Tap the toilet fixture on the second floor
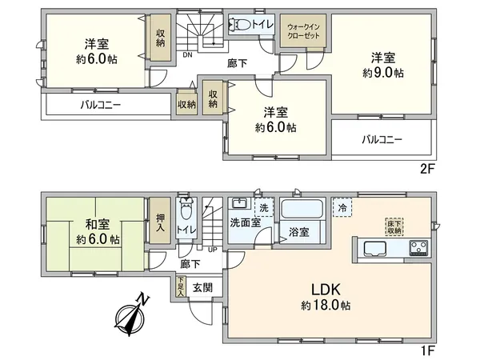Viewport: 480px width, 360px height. click(x=237, y=25)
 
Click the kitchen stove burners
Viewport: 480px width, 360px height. click(x=420, y=246)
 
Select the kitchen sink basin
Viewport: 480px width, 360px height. click(x=374, y=246)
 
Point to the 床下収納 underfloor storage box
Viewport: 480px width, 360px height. click(x=393, y=226)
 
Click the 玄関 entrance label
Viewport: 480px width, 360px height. click(x=202, y=287)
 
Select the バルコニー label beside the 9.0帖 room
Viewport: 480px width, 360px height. click(x=381, y=139)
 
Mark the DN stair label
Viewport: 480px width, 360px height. click(x=186, y=55)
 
